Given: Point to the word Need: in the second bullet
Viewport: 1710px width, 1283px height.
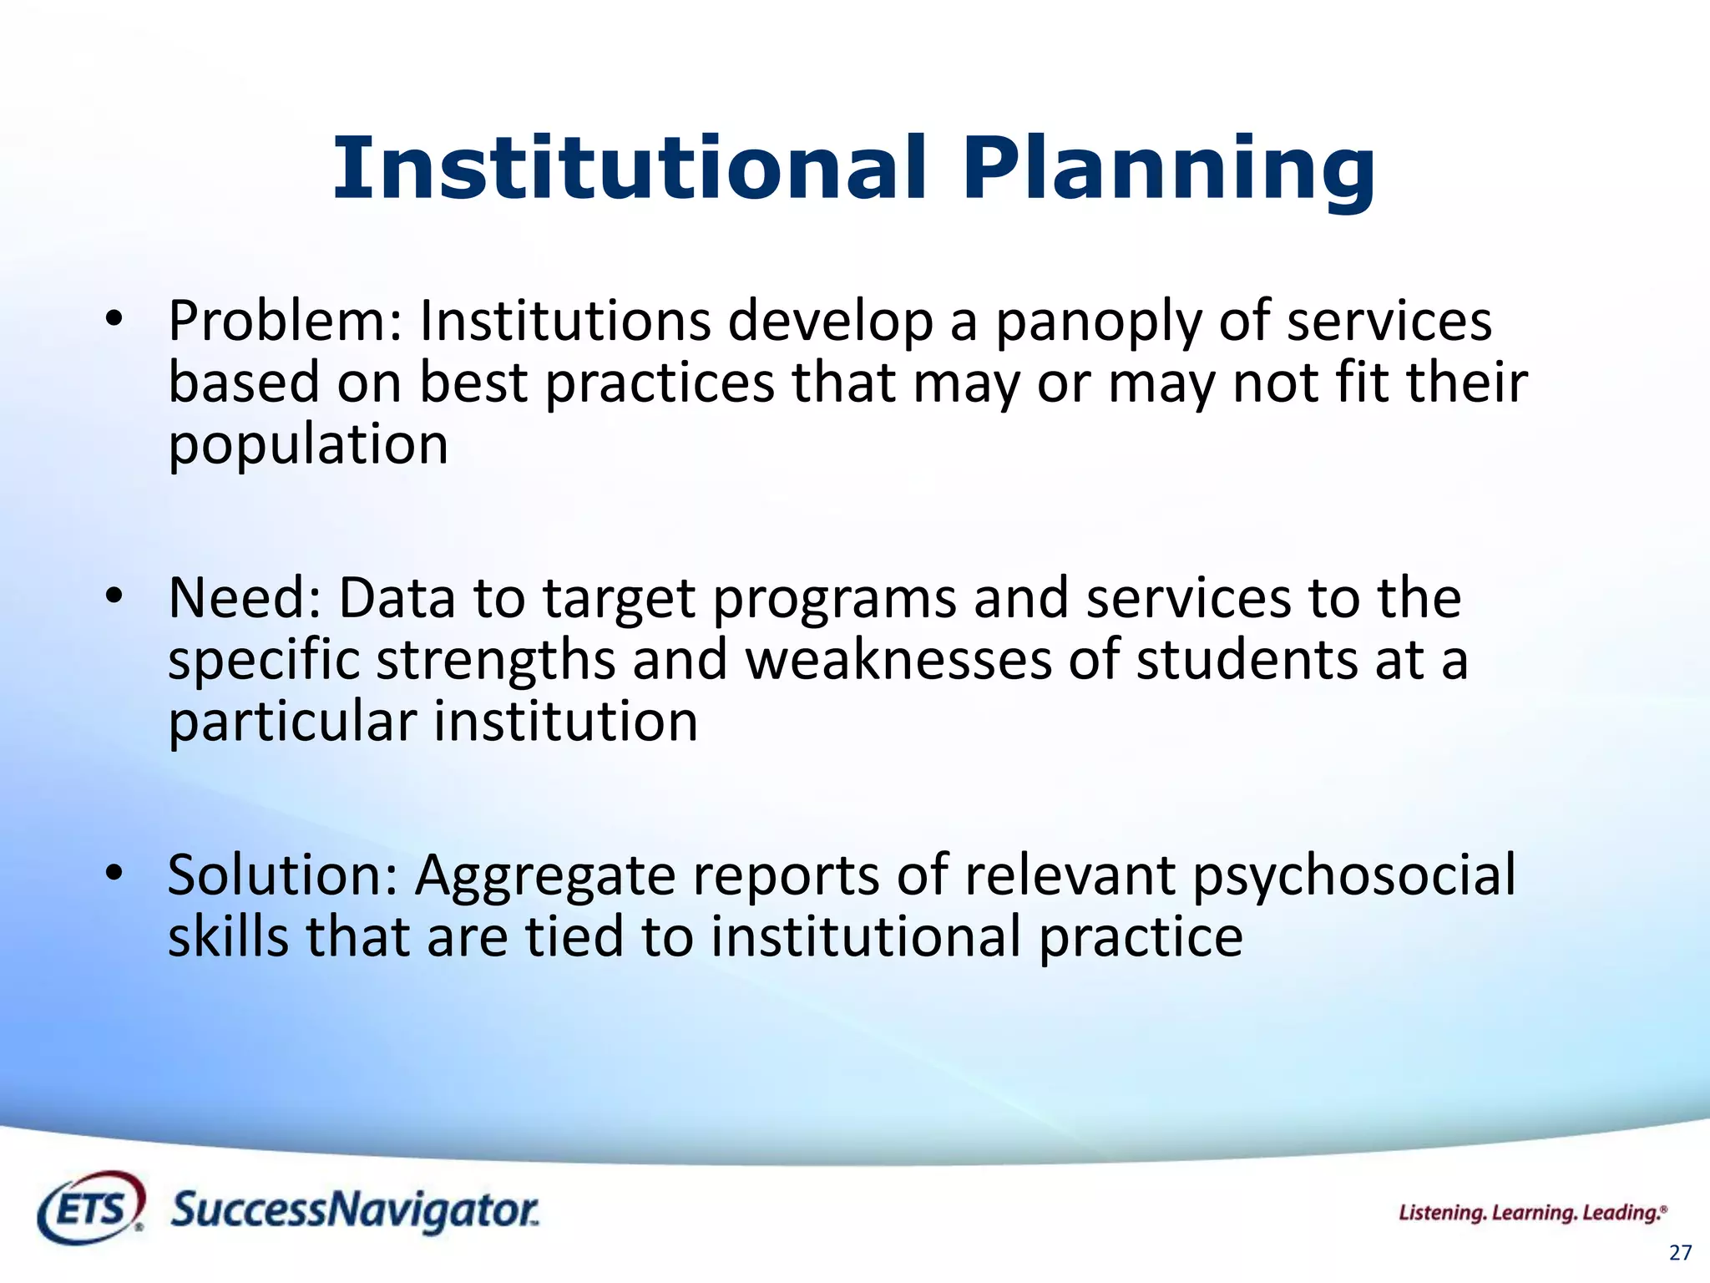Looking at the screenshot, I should (x=245, y=598).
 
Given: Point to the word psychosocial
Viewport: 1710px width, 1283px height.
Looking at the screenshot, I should (x=1353, y=877).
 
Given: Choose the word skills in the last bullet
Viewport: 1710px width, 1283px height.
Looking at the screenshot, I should (x=228, y=936).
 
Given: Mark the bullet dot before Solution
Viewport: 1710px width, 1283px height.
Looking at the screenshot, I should (x=114, y=873).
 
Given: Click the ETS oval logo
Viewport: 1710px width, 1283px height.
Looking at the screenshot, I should (x=91, y=1208).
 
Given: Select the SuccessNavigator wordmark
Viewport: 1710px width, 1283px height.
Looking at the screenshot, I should (x=355, y=1210).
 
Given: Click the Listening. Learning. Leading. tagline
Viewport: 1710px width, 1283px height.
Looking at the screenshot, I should (x=1532, y=1213).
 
